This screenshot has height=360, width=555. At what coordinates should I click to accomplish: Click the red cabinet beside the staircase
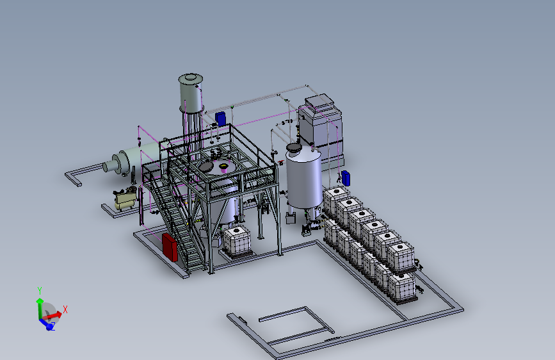(170, 247)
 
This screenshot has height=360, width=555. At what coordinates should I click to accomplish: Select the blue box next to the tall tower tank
(220, 119)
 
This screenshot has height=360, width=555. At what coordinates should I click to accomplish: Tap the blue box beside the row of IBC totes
(346, 178)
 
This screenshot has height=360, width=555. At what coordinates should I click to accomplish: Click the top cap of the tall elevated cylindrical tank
(191, 78)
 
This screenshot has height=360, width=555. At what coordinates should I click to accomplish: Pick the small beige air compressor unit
(125, 199)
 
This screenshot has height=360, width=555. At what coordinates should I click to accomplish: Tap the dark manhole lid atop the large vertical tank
(294, 147)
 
